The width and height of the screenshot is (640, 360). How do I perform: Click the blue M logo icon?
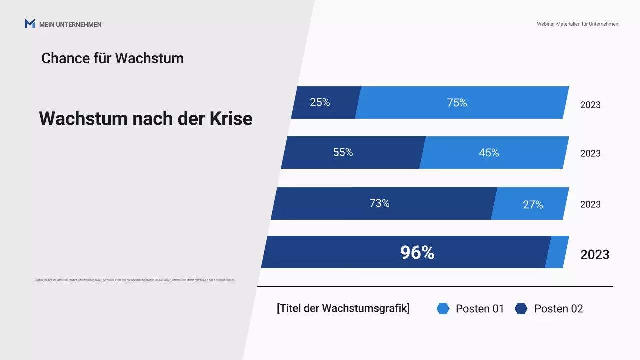30,24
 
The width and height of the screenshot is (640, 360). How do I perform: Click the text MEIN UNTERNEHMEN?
70,24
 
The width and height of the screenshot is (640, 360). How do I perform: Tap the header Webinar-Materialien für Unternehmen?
577,24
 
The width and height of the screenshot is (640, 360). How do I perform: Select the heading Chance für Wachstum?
112,58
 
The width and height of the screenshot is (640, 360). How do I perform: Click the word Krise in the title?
231,119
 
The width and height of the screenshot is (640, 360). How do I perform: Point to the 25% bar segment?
325,103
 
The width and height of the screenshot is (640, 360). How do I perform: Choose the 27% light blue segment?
531,204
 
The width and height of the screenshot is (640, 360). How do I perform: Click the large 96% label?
417,253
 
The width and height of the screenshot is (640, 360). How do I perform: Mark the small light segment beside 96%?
557,252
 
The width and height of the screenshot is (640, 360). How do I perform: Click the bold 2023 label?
595,255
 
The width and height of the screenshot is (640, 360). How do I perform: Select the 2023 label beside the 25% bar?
590,105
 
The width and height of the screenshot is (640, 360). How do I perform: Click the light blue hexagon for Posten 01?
443,309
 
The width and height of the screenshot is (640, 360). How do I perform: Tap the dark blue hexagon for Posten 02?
521,309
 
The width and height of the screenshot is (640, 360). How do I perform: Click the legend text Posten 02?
558,309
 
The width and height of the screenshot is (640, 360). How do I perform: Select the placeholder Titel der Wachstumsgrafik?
343,308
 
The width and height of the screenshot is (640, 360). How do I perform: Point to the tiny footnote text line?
135,280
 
